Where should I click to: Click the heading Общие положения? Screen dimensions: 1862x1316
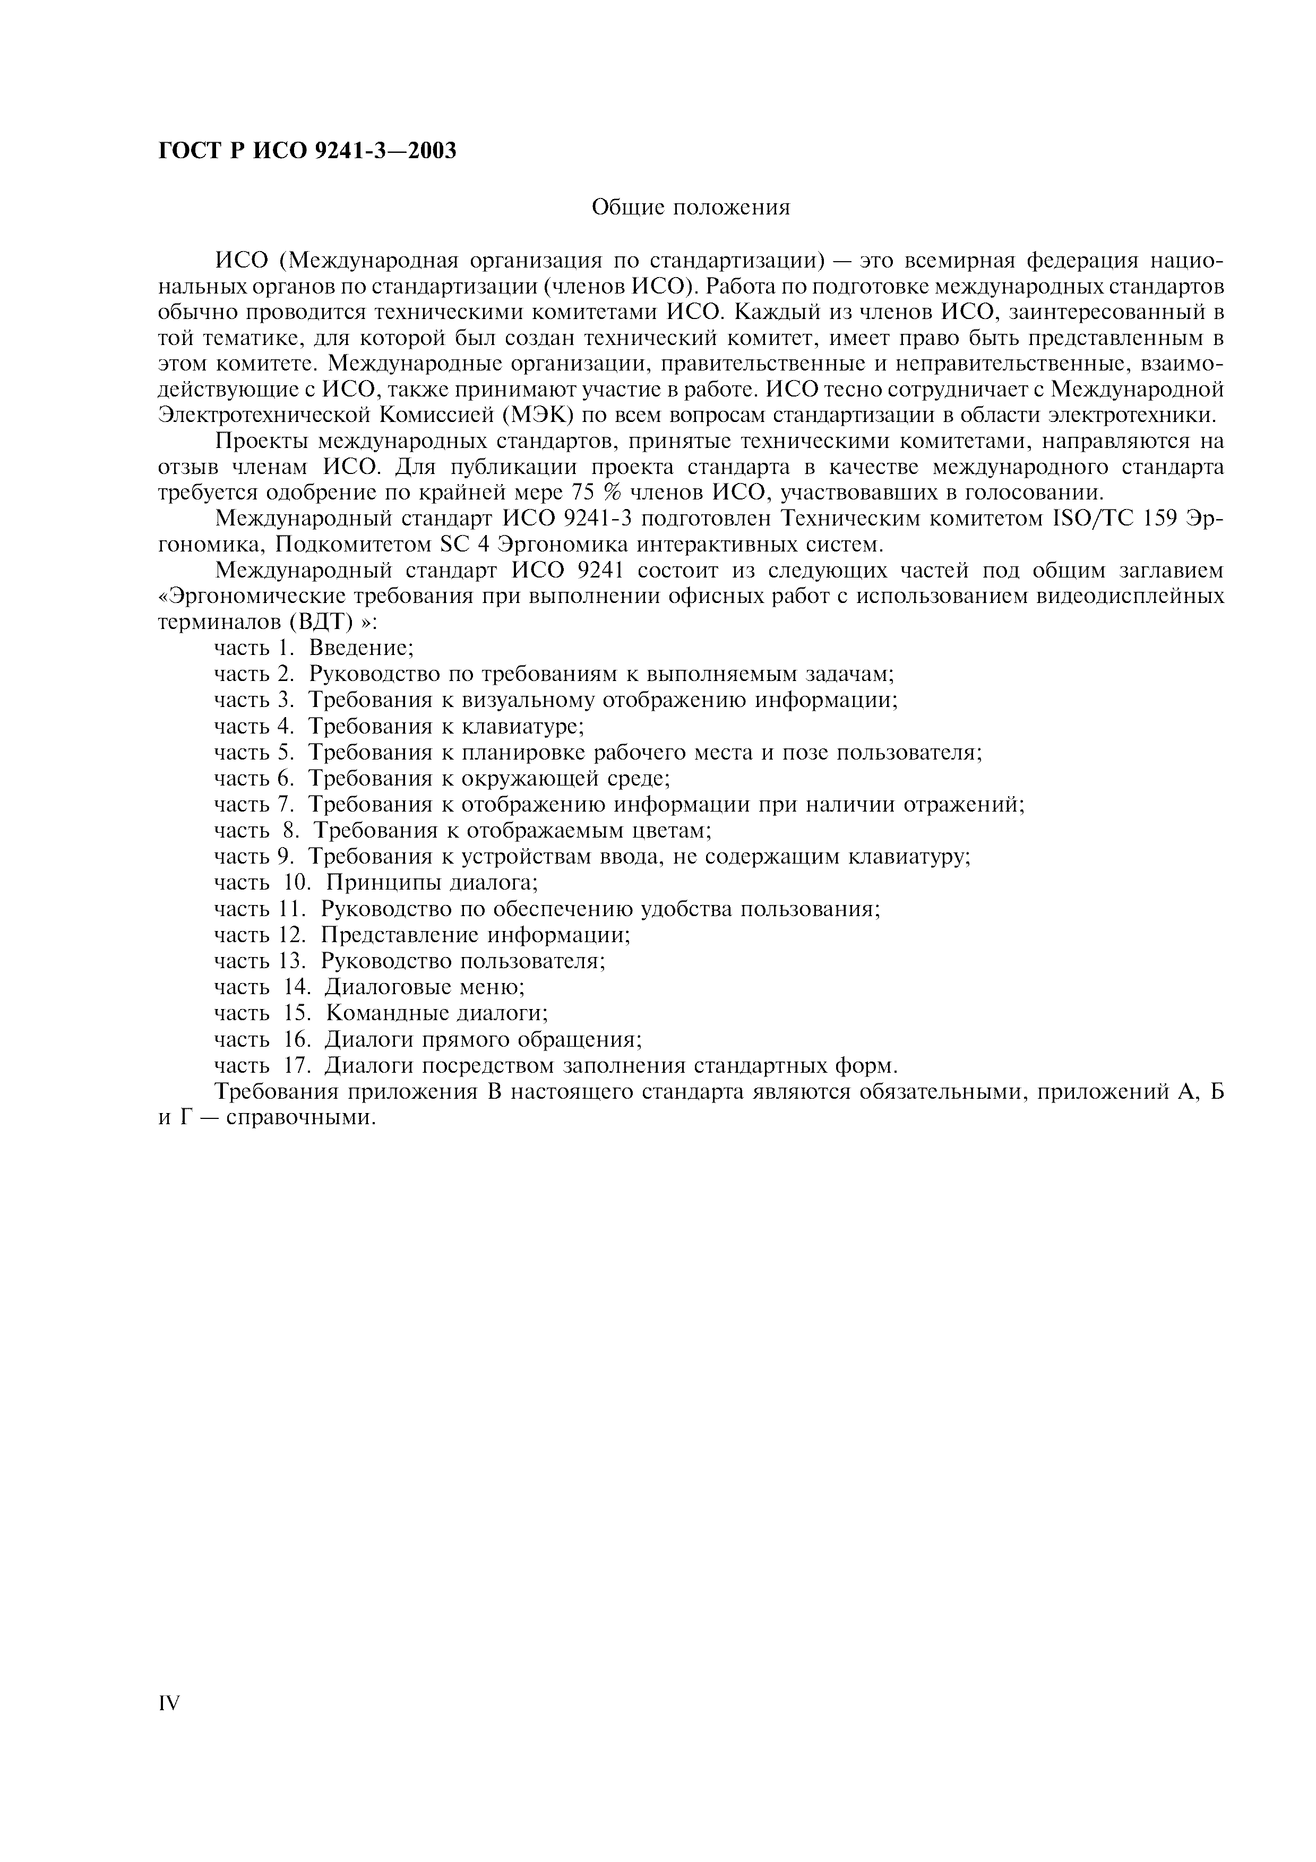690,209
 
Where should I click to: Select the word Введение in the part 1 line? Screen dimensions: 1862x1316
362,648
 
